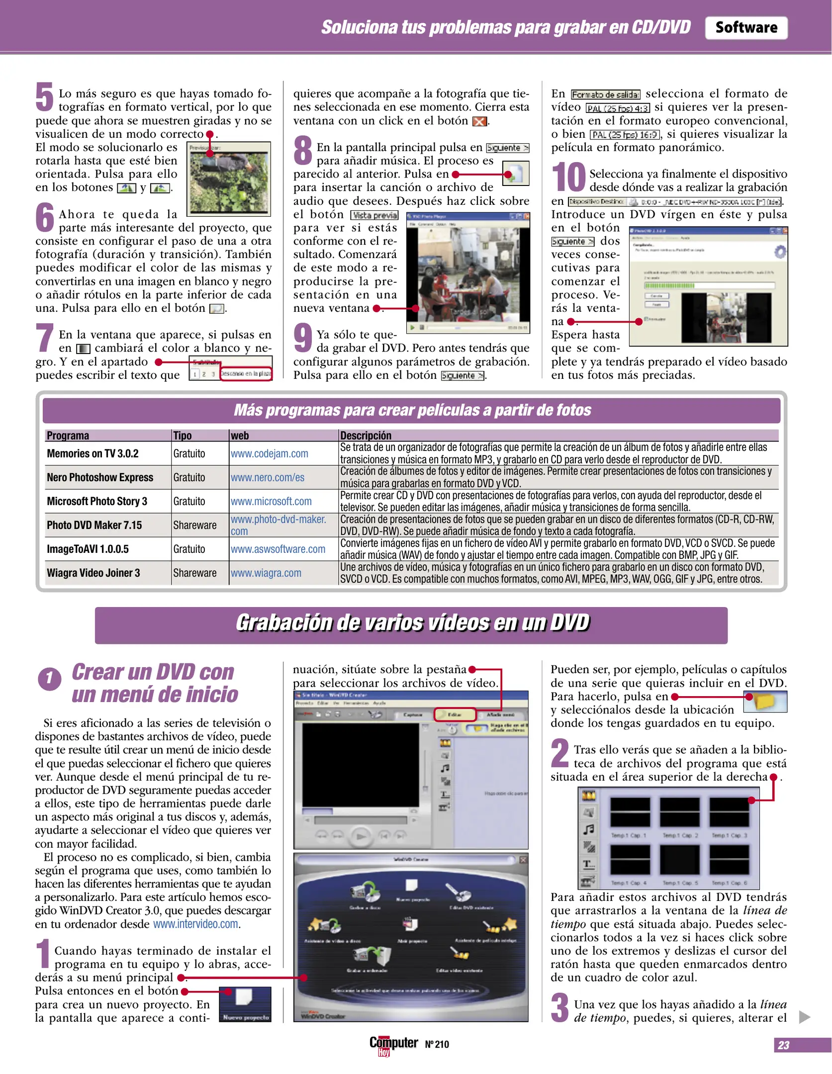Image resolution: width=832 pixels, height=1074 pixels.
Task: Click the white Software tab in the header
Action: (x=745, y=28)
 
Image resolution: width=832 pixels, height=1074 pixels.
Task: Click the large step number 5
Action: (x=44, y=97)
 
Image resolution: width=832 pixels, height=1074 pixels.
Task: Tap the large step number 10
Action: (x=568, y=177)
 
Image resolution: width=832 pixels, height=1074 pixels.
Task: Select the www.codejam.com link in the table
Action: (x=269, y=453)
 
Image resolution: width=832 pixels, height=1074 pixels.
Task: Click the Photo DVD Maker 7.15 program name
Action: (x=94, y=525)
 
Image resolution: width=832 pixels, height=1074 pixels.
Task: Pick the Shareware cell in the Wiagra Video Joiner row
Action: (x=194, y=573)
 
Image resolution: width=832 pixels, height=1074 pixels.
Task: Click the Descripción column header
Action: (x=366, y=436)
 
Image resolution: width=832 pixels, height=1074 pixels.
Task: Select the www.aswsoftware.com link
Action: (x=277, y=549)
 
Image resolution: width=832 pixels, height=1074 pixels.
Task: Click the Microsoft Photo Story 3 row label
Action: (x=97, y=501)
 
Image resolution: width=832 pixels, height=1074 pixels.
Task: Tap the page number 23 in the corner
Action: (x=783, y=1045)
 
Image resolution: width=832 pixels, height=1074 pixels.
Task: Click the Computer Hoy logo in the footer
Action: (x=393, y=1044)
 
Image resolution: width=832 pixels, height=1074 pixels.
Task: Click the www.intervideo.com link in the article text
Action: (x=196, y=924)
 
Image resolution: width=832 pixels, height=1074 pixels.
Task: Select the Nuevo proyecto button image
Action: (x=245, y=1004)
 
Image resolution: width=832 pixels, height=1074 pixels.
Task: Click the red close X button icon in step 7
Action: (x=479, y=121)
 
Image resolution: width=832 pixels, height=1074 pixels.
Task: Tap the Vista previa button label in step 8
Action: (x=374, y=215)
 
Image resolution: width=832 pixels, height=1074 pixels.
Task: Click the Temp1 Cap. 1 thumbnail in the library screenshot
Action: (x=630, y=812)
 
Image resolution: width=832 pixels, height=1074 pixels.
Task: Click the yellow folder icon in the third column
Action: (x=765, y=701)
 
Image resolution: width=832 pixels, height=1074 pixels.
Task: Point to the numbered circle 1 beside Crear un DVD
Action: (x=49, y=679)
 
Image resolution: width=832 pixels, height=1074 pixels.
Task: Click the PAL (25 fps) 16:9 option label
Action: (x=625, y=135)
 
